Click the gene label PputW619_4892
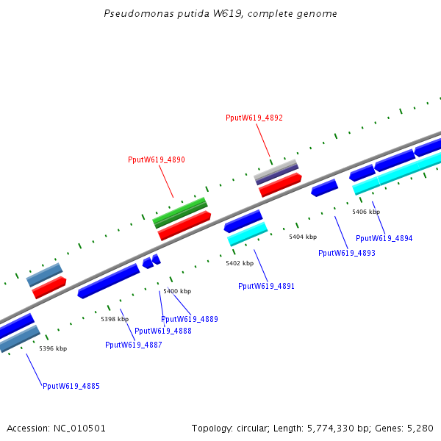click(x=254, y=118)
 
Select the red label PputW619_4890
click(x=156, y=159)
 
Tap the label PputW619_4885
click(x=71, y=386)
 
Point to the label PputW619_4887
click(x=133, y=345)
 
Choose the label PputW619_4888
click(x=162, y=331)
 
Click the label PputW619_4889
click(x=189, y=319)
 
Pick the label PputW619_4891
click(x=266, y=286)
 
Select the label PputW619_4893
click(x=346, y=253)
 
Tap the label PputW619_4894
click(x=384, y=238)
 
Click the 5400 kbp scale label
click(x=176, y=292)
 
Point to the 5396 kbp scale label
click(x=53, y=348)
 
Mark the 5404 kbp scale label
click(x=302, y=237)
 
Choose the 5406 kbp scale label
click(x=365, y=212)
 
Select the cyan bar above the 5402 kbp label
click(x=247, y=234)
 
